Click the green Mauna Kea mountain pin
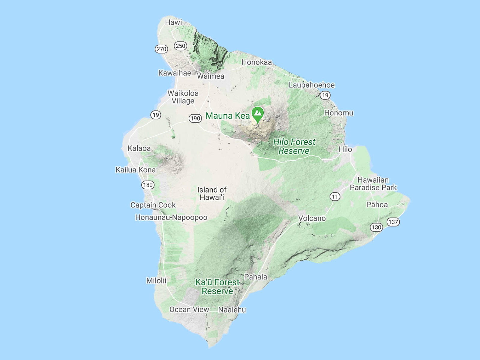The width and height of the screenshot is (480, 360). [258, 114]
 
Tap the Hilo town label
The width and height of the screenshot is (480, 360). [345, 149]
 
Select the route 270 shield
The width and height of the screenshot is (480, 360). [161, 49]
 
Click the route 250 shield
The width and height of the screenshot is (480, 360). [180, 46]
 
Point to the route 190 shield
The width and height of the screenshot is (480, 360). [195, 118]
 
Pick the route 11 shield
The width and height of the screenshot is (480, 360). [335, 197]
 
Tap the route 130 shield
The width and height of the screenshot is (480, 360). [376, 227]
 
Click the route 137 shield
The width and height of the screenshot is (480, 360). [393, 222]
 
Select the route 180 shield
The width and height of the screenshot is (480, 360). [148, 185]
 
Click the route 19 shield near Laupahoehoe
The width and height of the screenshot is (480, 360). [325, 95]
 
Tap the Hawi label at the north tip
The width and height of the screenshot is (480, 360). [173, 22]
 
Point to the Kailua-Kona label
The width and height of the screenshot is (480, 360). [136, 170]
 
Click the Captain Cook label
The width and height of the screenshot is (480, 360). [153, 205]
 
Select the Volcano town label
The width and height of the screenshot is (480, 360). [312, 218]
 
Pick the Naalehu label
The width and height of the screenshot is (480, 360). [232, 310]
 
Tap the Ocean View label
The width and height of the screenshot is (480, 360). [189, 309]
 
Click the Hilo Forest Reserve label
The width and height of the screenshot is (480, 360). [294, 146]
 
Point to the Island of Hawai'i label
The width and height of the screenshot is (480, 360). [212, 193]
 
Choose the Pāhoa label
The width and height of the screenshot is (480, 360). [377, 205]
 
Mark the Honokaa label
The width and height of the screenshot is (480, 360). [256, 62]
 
